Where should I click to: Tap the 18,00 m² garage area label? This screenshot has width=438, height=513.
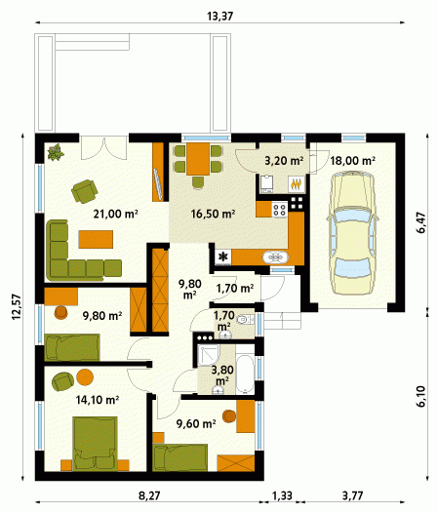pyautogui.click(x=352, y=161)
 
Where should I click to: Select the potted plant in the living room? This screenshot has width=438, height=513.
pyautogui.click(x=56, y=152)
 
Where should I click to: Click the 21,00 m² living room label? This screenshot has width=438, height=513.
pyautogui.click(x=115, y=214)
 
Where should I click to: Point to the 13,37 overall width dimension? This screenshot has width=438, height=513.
pyautogui.click(x=220, y=16)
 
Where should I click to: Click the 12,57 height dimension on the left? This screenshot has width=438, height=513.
pyautogui.click(x=17, y=307)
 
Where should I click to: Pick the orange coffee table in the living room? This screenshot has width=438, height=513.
pyautogui.click(x=96, y=239)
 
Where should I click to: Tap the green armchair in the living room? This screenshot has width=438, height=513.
pyautogui.click(x=85, y=191)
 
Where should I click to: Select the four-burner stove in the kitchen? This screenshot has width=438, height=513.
pyautogui.click(x=280, y=209)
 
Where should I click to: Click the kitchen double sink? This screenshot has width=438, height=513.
pyautogui.click(x=275, y=257)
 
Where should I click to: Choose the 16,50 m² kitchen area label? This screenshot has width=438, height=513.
pyautogui.click(x=213, y=214)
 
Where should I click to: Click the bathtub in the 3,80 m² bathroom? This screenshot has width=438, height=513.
pyautogui.click(x=245, y=374)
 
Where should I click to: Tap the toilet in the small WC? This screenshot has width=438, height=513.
pyautogui.click(x=245, y=319)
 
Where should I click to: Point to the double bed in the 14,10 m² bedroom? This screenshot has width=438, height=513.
pyautogui.click(x=95, y=444)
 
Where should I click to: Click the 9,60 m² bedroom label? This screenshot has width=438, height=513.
pyautogui.click(x=196, y=424)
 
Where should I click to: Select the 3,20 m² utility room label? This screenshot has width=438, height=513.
pyautogui.click(x=284, y=161)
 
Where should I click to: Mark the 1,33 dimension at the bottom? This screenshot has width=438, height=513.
pyautogui.click(x=282, y=495)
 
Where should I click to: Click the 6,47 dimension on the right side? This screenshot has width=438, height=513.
pyautogui.click(x=421, y=222)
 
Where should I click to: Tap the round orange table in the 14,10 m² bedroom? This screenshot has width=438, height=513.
pyautogui.click(x=85, y=376)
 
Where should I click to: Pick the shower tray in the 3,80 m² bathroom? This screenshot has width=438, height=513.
pyautogui.click(x=208, y=355)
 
